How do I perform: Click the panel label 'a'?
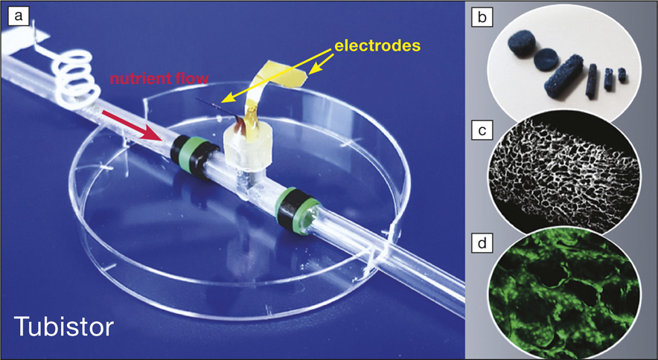pos(19,17)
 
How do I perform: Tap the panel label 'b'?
pos(482,18)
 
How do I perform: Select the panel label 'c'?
pos(482,130)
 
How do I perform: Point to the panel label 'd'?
pos(482,244)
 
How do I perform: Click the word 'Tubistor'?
pos(64,326)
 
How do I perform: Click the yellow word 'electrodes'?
pos(377,45)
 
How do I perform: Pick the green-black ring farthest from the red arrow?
pos(298,211)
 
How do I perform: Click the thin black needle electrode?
pos(219,108)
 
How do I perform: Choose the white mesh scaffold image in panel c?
pos(564,172)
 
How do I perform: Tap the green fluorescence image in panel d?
pos(564,289)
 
